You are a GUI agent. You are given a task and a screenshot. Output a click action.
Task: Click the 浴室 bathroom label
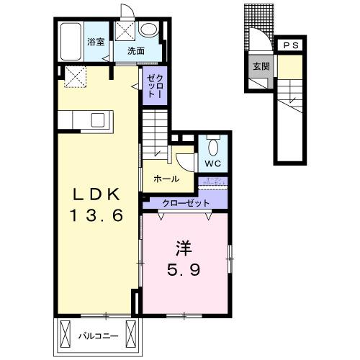[x=96, y=41]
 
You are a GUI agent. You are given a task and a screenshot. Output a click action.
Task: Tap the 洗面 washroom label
[x=136, y=51]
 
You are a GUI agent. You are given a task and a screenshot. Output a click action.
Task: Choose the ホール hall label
[x=167, y=179]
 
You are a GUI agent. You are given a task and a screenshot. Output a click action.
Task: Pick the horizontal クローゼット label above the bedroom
[x=182, y=204]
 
